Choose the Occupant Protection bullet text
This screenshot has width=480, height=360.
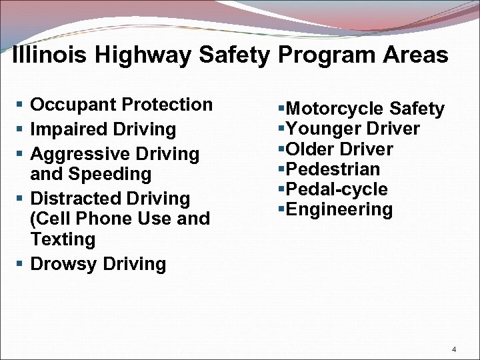pyautogui.click(x=121, y=105)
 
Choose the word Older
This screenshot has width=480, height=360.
pyautogui.click(x=309, y=149)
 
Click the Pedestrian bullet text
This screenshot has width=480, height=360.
pyautogui.click(x=332, y=169)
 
